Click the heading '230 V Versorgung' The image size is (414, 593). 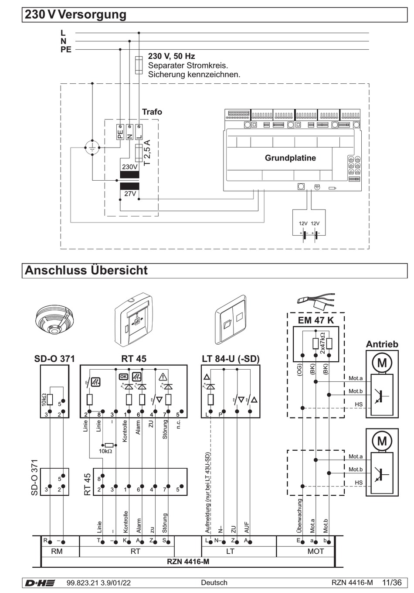pos(75,14)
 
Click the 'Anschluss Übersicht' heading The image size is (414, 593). pos(86,270)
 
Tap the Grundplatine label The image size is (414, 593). pos(290,158)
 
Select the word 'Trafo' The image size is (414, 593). pos(152,112)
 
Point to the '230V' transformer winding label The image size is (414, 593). pos(129,167)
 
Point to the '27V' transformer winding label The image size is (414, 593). pos(130,193)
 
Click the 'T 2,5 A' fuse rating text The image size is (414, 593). pos(147,152)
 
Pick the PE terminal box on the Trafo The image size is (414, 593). pos(120,132)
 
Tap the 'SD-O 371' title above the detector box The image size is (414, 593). pos(54,359)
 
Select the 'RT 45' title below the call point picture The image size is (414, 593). pos(134,359)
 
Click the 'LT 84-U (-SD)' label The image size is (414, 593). pos(231,359)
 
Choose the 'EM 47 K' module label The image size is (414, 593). pos(316,320)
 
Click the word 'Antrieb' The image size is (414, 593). pos(382,344)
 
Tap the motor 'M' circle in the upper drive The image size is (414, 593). pos(382,363)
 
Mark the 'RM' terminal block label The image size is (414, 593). pos(57,551)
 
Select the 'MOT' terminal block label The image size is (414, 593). pos(316,551)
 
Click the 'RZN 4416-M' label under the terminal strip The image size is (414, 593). pos(188,562)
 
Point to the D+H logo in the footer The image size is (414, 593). pos(40,583)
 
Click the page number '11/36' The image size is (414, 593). pos(392,583)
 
